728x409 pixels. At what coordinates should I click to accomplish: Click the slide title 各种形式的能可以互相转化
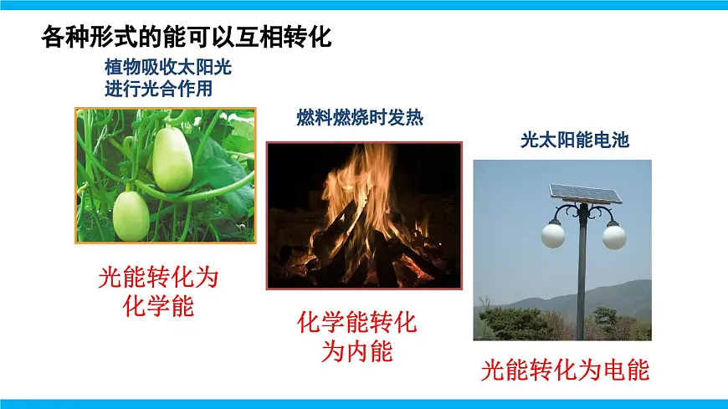[x=187, y=37]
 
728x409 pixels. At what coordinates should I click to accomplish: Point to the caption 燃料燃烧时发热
[x=360, y=119]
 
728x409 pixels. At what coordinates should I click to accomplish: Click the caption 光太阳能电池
[x=574, y=141]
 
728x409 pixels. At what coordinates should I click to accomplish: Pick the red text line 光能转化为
[x=164, y=277]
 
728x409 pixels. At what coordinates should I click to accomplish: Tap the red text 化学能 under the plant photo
[x=164, y=306]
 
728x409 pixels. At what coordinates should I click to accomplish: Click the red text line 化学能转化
[x=357, y=322]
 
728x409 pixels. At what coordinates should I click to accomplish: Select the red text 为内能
[x=357, y=351]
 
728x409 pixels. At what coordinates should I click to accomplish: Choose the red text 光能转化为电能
[x=566, y=370]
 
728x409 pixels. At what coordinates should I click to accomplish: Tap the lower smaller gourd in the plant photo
[x=131, y=215]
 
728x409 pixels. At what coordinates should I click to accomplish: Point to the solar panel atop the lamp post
[x=585, y=193]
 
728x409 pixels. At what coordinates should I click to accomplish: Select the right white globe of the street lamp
[x=614, y=236]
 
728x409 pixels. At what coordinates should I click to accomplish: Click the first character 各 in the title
[x=51, y=37]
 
